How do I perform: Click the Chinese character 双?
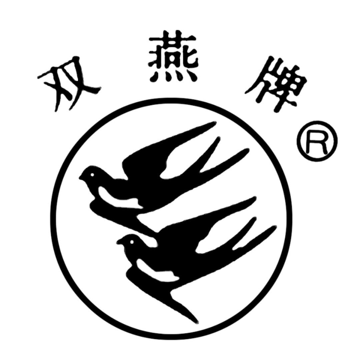click(68, 85)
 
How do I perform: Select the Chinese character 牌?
click(276, 85)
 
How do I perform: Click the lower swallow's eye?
click(132, 242)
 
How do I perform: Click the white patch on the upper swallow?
click(117, 198)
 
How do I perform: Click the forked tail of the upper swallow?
click(220, 157)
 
